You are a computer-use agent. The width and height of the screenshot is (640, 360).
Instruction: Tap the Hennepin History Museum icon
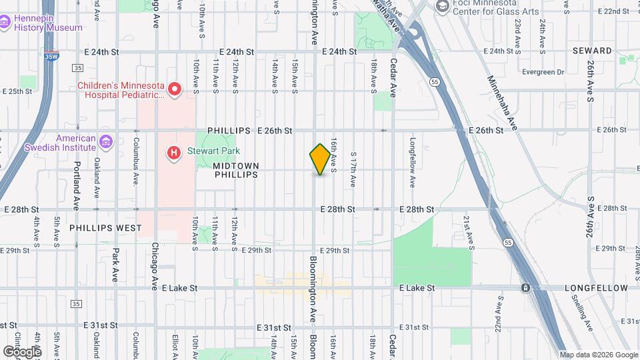click(5, 22)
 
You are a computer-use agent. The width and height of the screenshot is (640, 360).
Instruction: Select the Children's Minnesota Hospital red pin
click(175, 89)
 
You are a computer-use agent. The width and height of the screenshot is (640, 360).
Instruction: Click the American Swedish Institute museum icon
click(105, 141)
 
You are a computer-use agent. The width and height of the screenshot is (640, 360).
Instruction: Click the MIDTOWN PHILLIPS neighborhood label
click(236, 169)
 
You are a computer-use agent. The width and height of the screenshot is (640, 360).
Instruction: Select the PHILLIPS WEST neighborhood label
click(105, 228)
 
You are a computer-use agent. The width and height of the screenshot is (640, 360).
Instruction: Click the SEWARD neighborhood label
click(591, 51)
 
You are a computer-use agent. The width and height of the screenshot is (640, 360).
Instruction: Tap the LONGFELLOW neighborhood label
click(596, 288)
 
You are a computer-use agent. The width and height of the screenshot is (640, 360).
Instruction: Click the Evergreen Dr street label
click(543, 72)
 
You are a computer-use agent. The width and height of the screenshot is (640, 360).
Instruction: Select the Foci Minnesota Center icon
click(441, 6)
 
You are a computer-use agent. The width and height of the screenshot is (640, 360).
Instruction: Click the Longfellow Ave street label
click(413, 162)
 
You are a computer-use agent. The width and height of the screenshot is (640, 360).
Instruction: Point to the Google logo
click(22, 351)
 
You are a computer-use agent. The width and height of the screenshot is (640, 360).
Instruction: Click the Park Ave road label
click(115, 265)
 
